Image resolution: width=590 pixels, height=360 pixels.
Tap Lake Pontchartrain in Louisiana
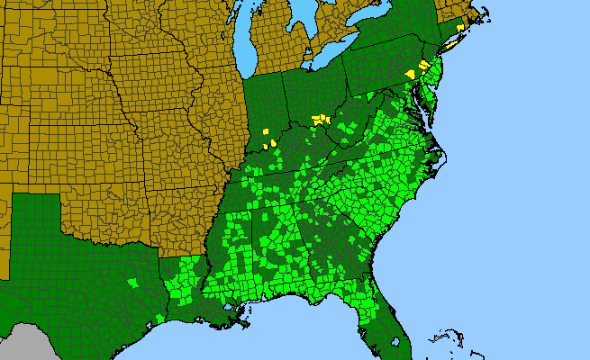[x=236, y=311]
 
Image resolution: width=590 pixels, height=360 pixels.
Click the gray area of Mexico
[x=27, y=342]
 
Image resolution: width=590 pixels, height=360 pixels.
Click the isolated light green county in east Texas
[x=133, y=283]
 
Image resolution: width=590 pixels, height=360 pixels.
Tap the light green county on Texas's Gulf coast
[x=159, y=317]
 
